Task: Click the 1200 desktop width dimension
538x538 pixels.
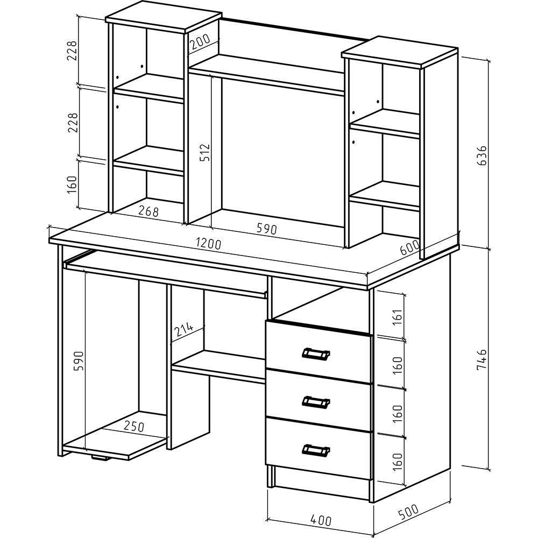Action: coord(209,243)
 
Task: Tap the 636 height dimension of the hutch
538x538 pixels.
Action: coord(482,155)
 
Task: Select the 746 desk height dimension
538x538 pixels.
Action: coord(482,359)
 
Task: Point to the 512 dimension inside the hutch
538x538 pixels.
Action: coord(204,152)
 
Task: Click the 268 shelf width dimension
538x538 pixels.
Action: coord(148,211)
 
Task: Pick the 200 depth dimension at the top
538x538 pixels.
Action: coord(200,41)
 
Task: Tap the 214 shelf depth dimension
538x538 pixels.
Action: coord(183,330)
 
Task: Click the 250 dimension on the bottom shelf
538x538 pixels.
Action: coord(134,426)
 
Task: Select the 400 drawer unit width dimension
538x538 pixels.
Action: coord(321,520)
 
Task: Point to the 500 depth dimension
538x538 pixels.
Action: coord(408,511)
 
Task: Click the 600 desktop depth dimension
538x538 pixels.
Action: coord(409,247)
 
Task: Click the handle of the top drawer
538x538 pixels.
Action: coord(316,354)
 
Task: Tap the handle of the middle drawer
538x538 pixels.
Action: coord(316,402)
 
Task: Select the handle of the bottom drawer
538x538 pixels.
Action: coord(316,450)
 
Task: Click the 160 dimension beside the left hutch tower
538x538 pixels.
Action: coord(72,184)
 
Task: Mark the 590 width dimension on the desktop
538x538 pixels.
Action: coord(267,229)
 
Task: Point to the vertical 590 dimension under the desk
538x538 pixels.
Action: coord(79,360)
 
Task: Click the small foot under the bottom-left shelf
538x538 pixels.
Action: coord(101,458)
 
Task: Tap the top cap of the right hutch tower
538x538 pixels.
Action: coord(400,52)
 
